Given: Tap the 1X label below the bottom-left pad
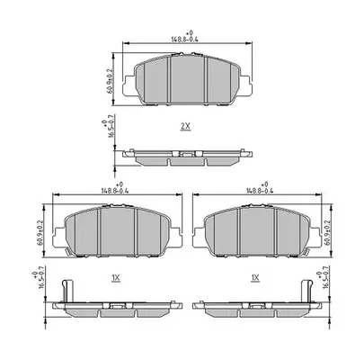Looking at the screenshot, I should [115, 280].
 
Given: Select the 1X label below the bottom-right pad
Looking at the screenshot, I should [255, 280].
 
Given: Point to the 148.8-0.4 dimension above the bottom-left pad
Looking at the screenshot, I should [116, 191].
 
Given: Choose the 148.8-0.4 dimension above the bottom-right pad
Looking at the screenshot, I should [255, 191].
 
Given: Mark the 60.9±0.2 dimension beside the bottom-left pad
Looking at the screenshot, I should [40, 231].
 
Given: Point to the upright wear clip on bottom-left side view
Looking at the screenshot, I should [65, 293].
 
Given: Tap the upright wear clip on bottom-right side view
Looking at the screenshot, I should [306, 293].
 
